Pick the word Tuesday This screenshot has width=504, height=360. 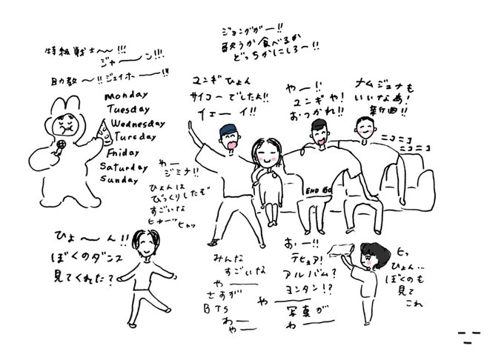click(127, 110)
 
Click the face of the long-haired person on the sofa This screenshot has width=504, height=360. click(265, 155)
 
